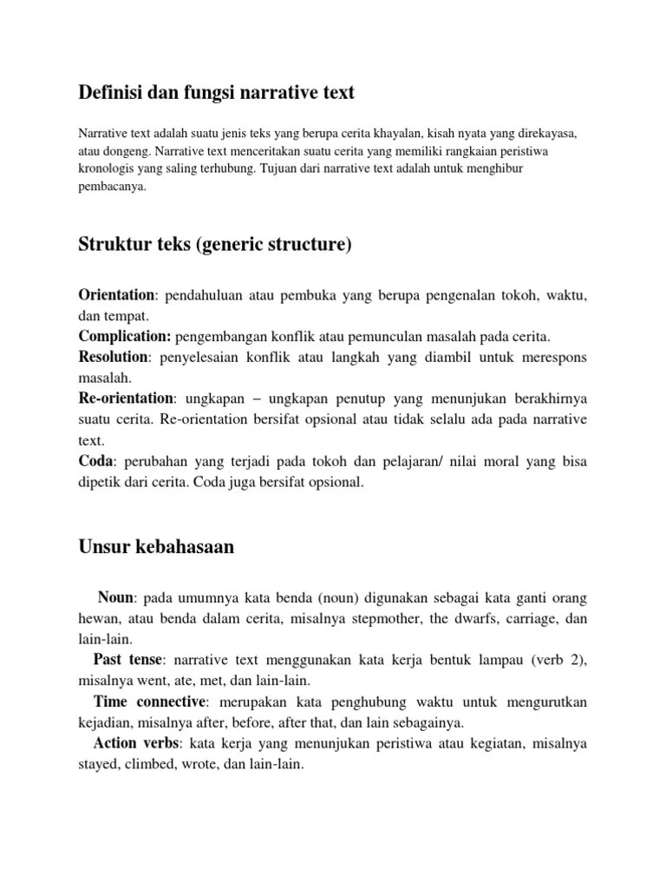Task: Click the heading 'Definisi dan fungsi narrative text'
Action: click(217, 92)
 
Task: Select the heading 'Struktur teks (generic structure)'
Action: click(216, 246)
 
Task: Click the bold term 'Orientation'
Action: click(116, 296)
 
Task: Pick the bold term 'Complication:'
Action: click(126, 336)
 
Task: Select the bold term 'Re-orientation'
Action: click(127, 398)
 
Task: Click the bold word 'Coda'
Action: click(95, 462)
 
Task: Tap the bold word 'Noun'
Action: click(115, 597)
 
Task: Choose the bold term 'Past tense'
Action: click(126, 660)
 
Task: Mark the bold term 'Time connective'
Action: click(149, 701)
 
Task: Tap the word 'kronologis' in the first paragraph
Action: click(105, 168)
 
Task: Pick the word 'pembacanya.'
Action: click(113, 185)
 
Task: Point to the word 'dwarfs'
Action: click(474, 619)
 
